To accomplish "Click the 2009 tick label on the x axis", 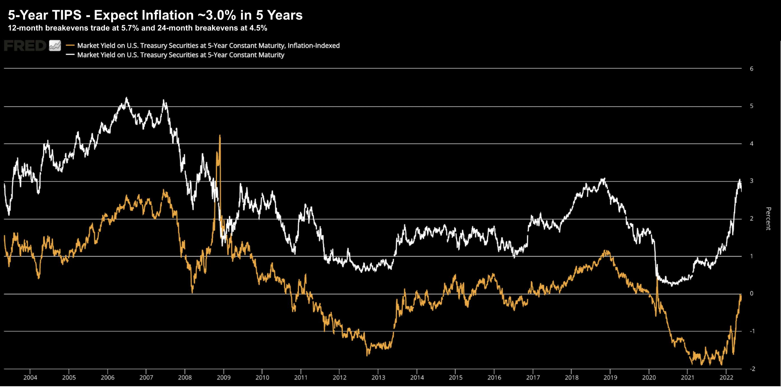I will point(224,378).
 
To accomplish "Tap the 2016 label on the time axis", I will point(494,378).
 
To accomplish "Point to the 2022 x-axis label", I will point(726,378).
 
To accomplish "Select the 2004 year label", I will point(30,378).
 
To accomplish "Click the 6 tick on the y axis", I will point(751,69).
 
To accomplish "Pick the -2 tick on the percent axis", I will point(752,369).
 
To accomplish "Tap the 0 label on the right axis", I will point(751,293).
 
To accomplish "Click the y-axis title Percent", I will point(768,219).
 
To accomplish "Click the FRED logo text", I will point(25,46).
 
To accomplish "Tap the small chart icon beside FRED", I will point(55,46).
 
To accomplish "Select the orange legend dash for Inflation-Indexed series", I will point(70,45).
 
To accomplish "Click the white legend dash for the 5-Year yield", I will point(70,55).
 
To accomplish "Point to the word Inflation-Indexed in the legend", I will point(313,46).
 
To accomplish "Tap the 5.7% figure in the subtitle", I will point(130,28).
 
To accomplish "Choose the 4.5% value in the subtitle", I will point(258,28).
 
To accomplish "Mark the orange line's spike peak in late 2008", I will point(220,135).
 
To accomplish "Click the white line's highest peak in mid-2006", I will point(127,97).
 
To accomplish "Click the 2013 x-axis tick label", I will point(378,378).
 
